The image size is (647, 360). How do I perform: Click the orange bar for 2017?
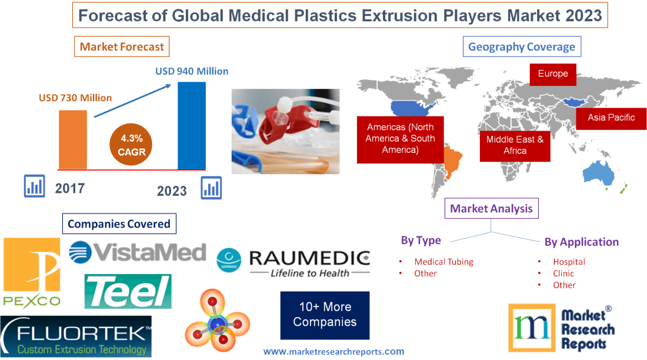[72, 139]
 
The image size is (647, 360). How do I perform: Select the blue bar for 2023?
[192, 125]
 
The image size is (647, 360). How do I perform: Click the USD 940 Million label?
[192, 71]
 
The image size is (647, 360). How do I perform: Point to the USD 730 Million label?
[75, 98]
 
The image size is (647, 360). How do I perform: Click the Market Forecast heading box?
[122, 46]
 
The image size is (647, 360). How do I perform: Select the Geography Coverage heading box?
[521, 47]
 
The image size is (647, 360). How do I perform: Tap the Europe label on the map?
[552, 74]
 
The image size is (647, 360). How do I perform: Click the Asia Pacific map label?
[611, 118]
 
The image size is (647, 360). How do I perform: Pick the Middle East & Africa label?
[515, 145]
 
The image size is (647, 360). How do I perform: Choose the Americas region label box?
[401, 139]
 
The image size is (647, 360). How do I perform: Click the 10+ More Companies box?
[325, 315]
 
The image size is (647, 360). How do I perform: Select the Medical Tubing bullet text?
[443, 262]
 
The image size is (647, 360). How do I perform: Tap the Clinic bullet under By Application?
[563, 274]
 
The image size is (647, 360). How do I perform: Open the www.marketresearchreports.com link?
[333, 352]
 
